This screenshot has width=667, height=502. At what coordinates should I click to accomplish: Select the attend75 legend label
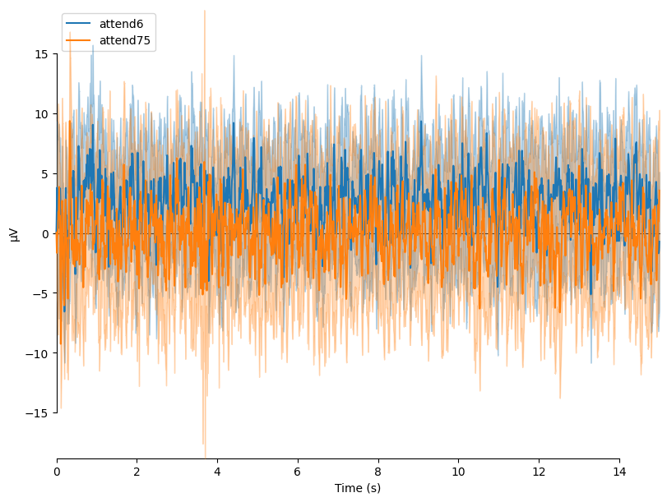[x=124, y=40]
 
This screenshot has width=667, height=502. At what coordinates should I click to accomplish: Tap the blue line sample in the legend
[x=78, y=24]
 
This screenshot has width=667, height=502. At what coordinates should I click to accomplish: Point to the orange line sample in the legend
[x=78, y=40]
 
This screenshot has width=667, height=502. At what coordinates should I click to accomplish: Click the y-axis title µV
[x=13, y=233]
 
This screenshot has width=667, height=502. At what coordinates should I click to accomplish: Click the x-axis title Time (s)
[x=358, y=488]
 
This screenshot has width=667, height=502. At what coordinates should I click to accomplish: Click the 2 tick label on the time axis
[x=137, y=472]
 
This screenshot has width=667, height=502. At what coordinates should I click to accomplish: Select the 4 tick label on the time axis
[x=217, y=472]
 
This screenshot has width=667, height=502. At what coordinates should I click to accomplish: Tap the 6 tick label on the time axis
[x=298, y=472]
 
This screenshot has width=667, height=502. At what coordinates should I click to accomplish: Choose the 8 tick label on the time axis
[x=378, y=472]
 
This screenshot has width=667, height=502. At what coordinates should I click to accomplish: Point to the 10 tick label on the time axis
[x=458, y=472]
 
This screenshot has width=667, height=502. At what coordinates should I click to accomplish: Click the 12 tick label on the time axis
[x=539, y=472]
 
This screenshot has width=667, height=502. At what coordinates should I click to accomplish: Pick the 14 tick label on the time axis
[x=619, y=472]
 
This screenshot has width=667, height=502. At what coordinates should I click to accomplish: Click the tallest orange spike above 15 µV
[x=205, y=12]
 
